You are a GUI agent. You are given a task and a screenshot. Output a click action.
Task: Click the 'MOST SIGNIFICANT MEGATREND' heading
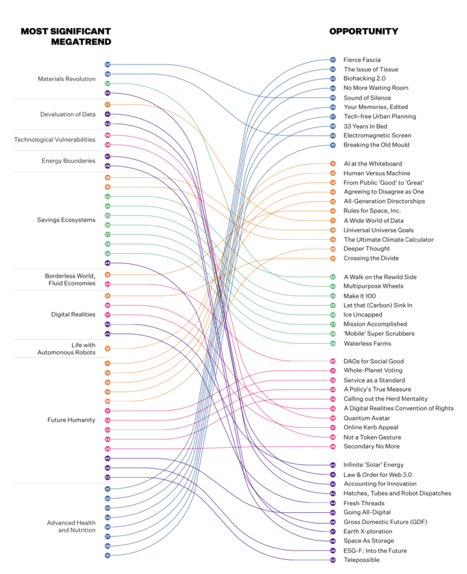pos(66,36)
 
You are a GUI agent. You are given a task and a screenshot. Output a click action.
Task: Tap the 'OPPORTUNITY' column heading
pos(364,31)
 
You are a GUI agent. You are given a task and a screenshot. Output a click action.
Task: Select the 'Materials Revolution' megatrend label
pos(66,79)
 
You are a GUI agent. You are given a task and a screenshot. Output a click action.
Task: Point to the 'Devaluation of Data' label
pos(68,114)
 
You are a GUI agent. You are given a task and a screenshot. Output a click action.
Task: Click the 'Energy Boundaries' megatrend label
pos(68,161)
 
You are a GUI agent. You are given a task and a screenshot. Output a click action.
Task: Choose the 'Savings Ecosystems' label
pos(66,220)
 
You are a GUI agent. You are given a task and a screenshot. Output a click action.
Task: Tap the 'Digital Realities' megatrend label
pos(73,314)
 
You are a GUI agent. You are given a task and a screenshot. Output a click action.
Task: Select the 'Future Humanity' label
pos(71,420)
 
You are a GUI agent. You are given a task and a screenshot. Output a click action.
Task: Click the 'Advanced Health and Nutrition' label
pos(71,526)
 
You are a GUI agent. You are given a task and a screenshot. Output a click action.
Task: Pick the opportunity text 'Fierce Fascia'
pos(362,60)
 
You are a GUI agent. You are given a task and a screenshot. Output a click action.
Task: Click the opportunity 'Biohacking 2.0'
pos(364,78)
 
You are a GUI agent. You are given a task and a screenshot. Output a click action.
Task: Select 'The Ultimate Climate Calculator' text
pos(389,240)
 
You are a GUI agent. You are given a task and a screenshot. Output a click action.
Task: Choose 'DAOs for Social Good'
pos(373,361)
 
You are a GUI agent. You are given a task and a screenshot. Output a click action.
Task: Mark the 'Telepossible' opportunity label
pos(361,560)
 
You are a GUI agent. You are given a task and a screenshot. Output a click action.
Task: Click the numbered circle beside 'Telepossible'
pos(332,560)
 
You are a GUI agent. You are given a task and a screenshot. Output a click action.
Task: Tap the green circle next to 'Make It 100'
pos(332,296)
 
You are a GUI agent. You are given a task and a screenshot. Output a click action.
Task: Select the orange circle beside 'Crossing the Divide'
pos(332,258)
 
